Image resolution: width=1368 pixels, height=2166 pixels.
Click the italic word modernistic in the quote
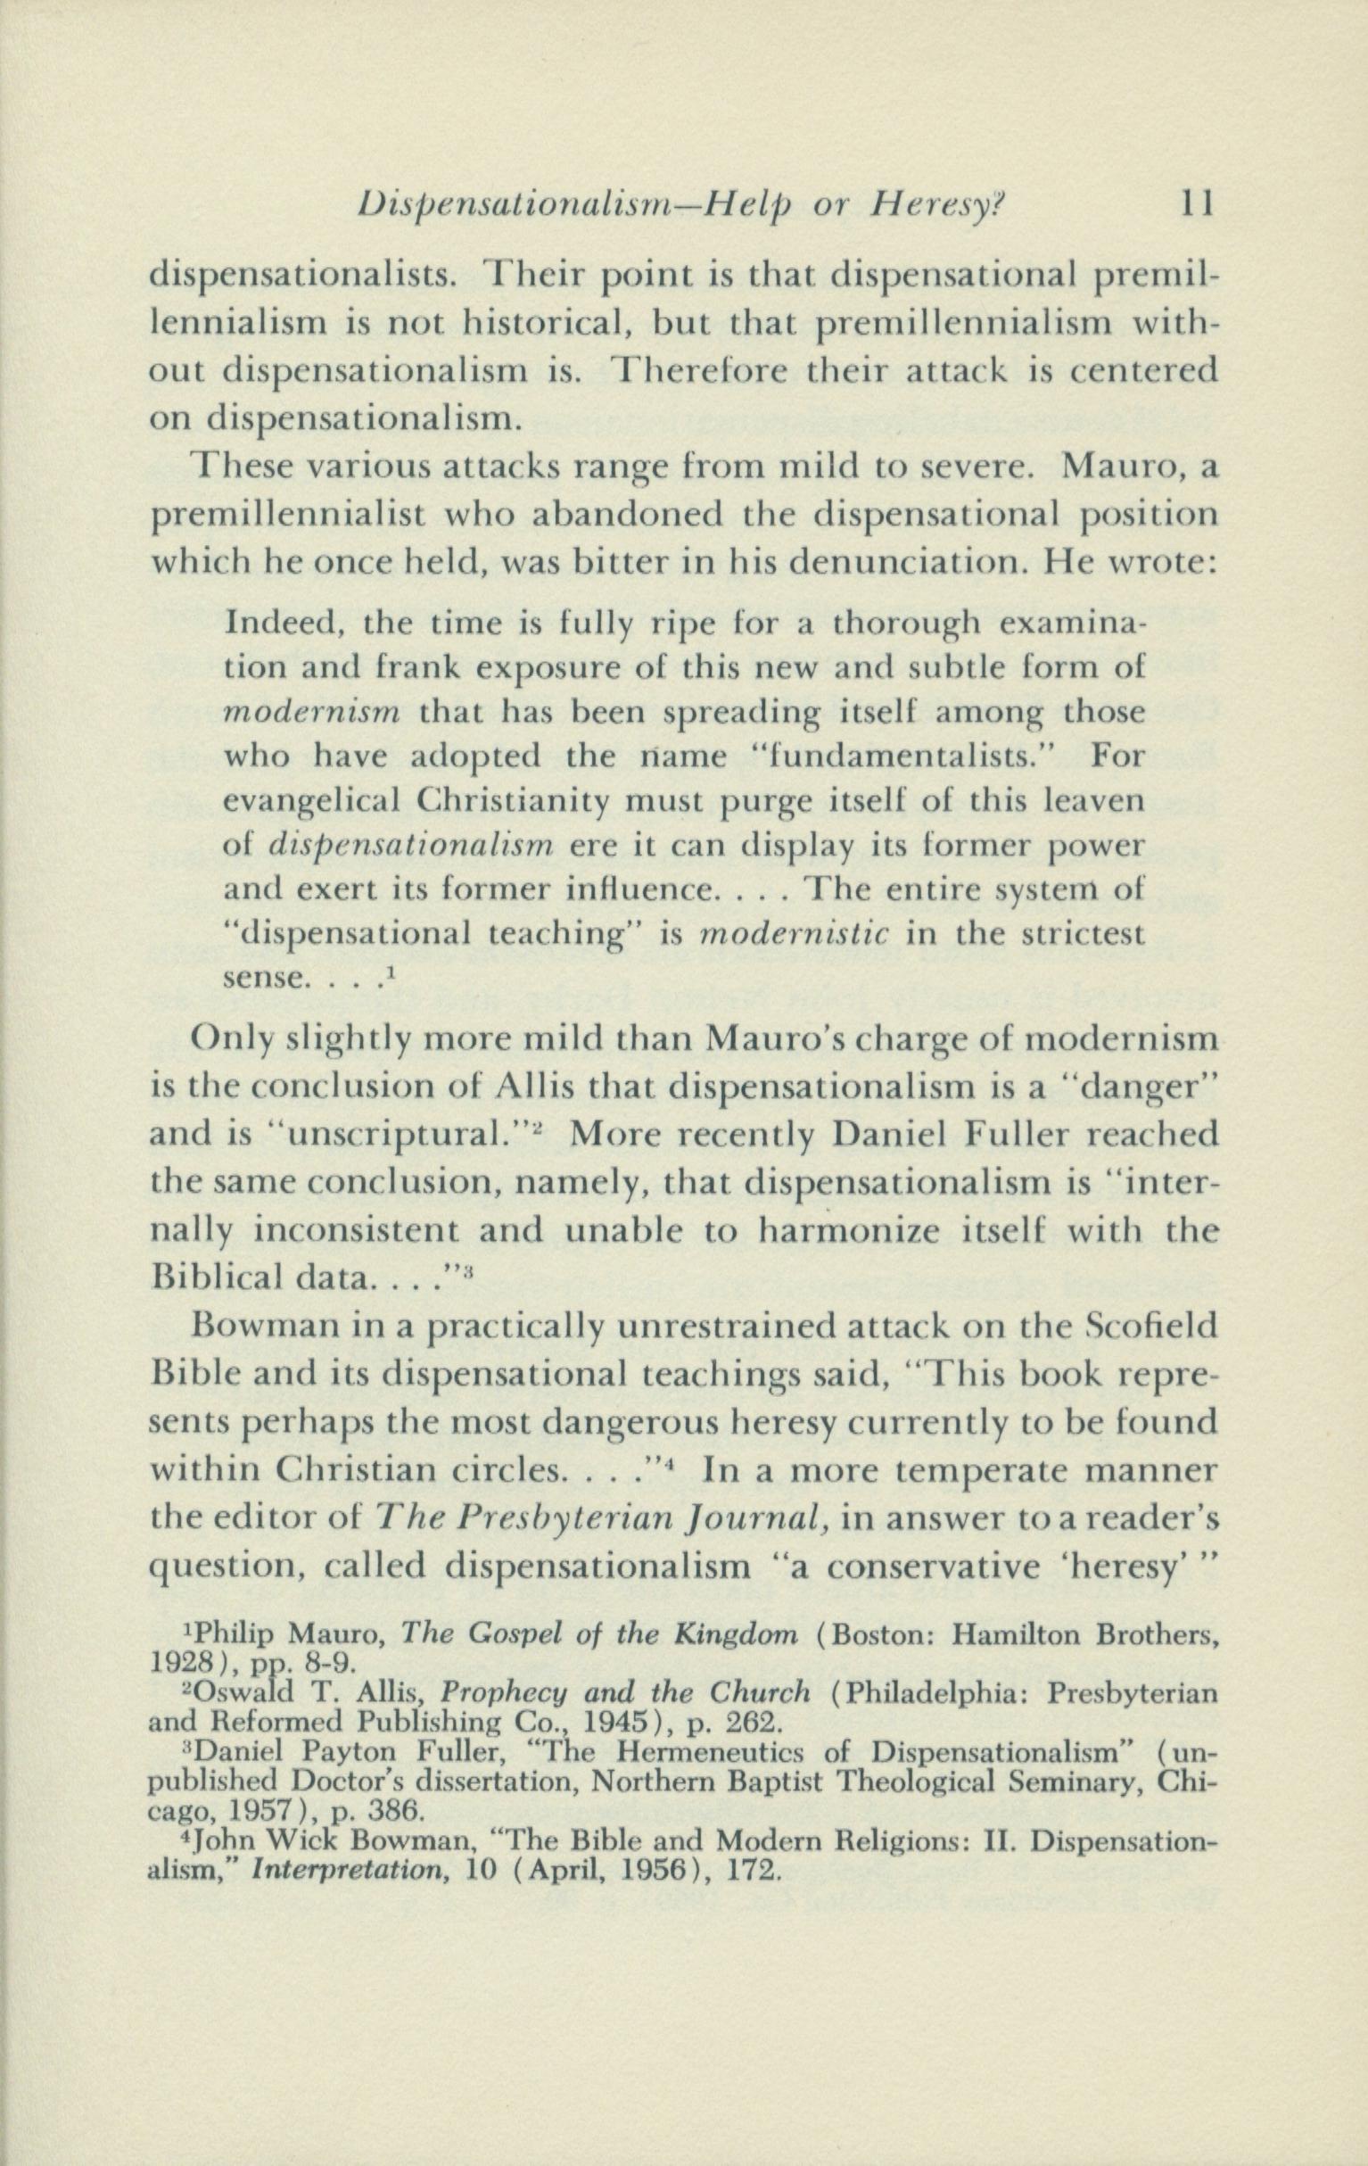point(794,934)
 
